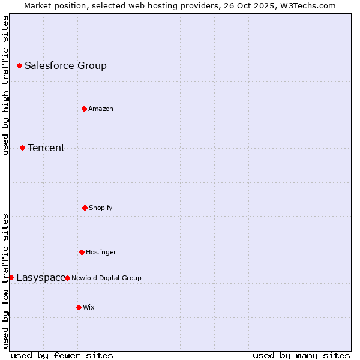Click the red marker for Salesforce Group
(x=19, y=65)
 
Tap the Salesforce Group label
(x=65, y=66)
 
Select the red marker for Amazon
(x=84, y=109)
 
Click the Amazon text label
(x=101, y=109)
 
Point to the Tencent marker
(x=22, y=148)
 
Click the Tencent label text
(x=46, y=148)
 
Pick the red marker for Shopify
(x=85, y=208)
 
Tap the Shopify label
(x=101, y=208)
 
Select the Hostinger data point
(x=82, y=252)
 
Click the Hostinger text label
(x=101, y=253)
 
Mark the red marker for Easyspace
(x=11, y=277)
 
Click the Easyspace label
(x=41, y=278)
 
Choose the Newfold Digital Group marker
(x=67, y=278)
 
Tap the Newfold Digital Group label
(x=106, y=278)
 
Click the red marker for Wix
(x=79, y=307)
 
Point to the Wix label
(x=89, y=308)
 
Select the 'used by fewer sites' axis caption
(x=62, y=355)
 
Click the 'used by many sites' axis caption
(x=301, y=355)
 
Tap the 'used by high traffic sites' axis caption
(x=5, y=85)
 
